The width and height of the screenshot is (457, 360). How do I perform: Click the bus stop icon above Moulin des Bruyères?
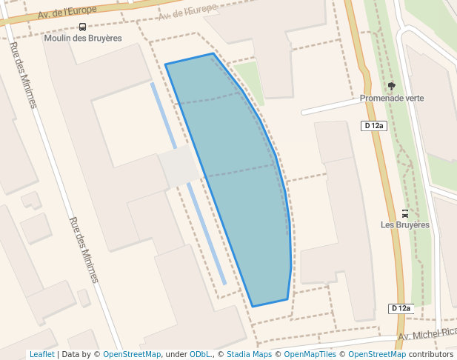(x=81, y=27)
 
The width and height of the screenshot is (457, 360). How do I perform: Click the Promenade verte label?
(x=392, y=98)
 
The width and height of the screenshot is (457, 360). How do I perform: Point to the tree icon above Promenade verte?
(x=391, y=86)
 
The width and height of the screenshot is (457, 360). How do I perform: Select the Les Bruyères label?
(x=404, y=224)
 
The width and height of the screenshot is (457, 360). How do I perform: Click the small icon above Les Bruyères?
(x=404, y=213)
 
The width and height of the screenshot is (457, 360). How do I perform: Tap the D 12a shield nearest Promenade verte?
(x=375, y=126)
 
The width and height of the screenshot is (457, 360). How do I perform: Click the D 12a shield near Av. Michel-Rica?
(x=400, y=308)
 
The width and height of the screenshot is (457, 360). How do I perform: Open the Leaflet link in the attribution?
(x=41, y=355)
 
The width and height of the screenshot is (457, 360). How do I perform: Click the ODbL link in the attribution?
(x=200, y=355)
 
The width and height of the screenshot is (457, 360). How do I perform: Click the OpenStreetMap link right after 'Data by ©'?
(x=132, y=355)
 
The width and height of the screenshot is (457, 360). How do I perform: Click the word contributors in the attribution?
(x=431, y=355)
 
